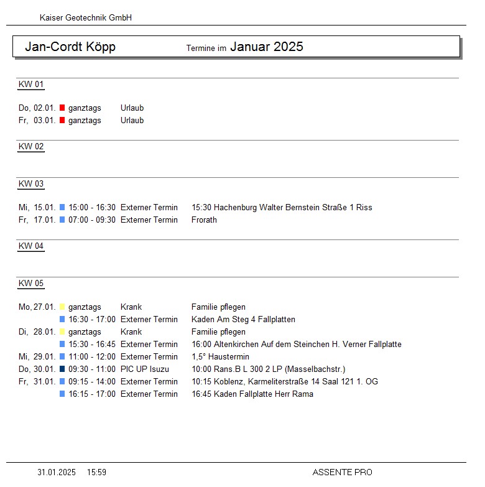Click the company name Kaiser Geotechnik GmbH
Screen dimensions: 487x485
coord(86,18)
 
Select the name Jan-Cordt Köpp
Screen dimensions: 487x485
coord(70,47)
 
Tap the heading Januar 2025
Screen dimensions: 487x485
coord(266,47)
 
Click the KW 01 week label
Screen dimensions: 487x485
coord(31,85)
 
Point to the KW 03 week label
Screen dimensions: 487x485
coord(31,184)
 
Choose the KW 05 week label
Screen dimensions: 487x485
coord(31,284)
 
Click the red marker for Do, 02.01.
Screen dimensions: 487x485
coord(62,108)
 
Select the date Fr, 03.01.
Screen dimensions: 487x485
coord(37,121)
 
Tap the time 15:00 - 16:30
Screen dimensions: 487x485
coord(92,208)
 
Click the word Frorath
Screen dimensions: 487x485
coord(204,220)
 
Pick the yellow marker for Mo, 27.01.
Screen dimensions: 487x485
coord(62,307)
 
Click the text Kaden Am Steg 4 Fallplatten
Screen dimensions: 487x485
coord(243,320)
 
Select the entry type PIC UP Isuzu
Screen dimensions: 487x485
coord(145,369)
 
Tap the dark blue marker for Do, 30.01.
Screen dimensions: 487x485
coord(62,369)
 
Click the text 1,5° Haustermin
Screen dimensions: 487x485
coord(220,357)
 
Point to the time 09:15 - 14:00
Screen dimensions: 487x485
coord(92,382)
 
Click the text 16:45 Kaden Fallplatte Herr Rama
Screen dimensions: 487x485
coord(252,394)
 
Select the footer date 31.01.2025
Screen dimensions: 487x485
coord(57,473)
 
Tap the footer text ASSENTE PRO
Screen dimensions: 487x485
coord(342,473)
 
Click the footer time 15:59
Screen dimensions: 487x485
coord(96,473)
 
